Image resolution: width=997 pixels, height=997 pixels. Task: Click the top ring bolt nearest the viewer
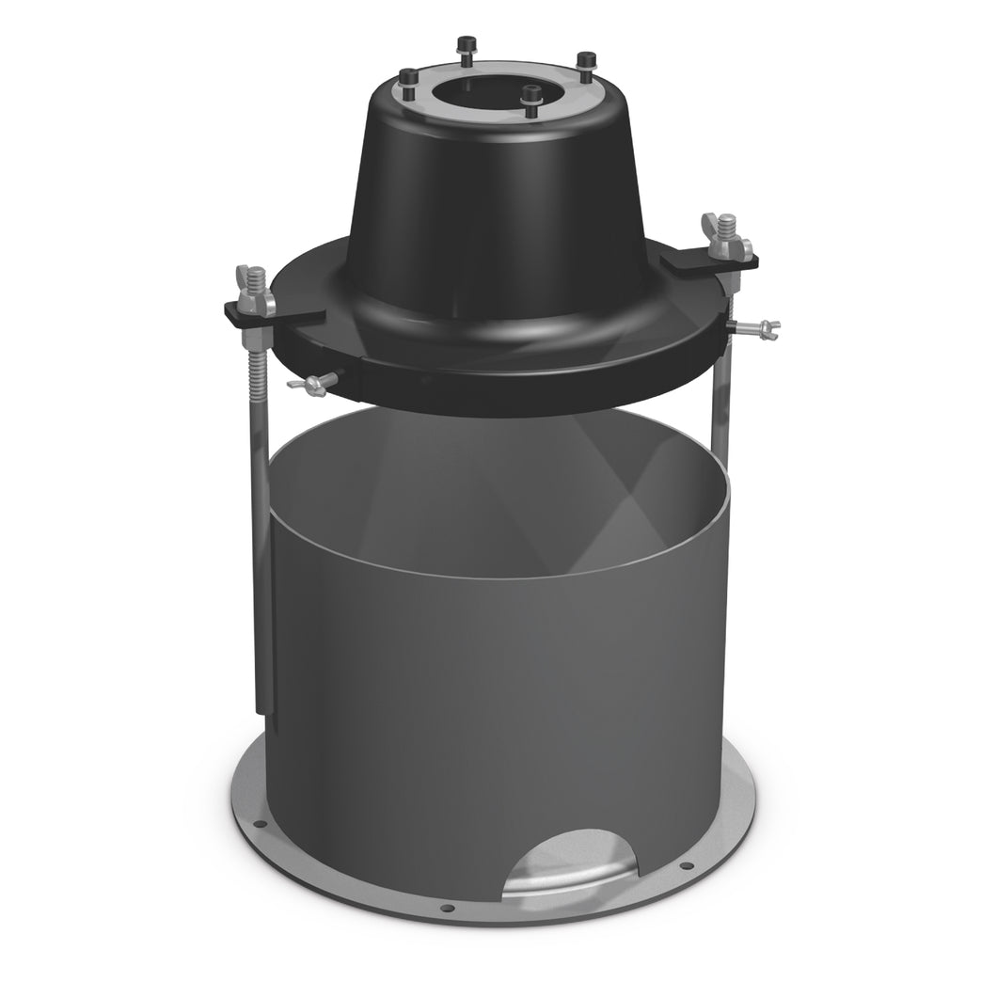532,100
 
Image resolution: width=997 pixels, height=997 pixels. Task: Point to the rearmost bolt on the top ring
464,47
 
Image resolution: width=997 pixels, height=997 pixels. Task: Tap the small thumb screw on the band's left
314,384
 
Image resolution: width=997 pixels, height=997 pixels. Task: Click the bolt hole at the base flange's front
447,909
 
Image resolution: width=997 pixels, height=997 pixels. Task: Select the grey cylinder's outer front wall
470,715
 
